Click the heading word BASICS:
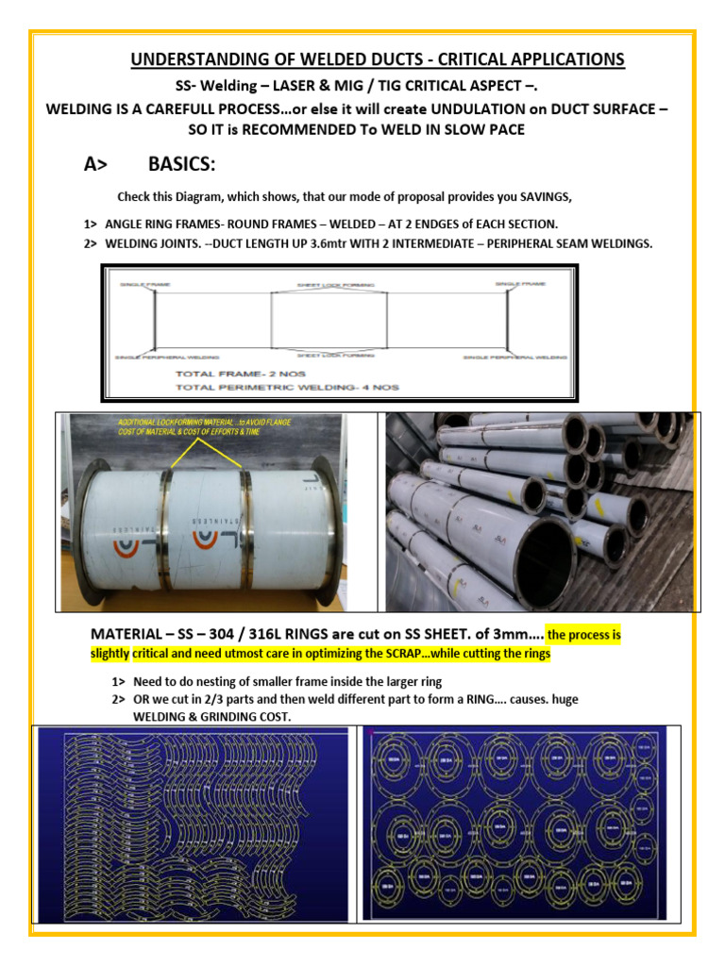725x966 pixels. tap(182, 165)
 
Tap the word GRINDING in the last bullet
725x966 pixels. tap(220, 717)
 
